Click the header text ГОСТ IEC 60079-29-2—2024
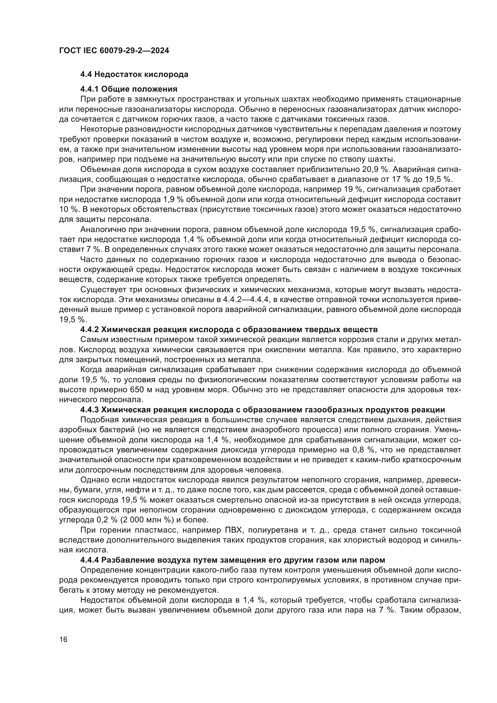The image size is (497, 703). pos(114,51)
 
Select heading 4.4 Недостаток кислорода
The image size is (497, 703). pos(134,75)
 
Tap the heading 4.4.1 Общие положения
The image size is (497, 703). pos(129,89)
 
